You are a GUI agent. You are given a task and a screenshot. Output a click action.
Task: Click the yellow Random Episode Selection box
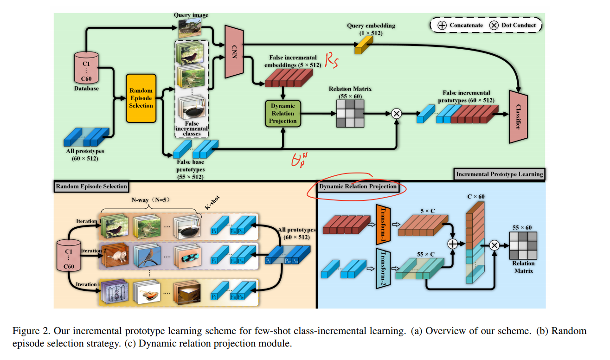pos(141,98)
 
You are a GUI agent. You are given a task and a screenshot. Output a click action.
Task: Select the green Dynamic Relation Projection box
pos(283,114)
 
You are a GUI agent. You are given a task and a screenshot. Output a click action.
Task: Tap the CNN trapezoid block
pos(234,51)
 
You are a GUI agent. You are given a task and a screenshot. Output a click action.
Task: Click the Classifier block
pos(520,116)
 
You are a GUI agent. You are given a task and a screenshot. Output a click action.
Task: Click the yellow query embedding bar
pos(364,44)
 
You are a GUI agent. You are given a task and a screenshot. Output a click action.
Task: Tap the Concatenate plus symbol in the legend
pos(443,25)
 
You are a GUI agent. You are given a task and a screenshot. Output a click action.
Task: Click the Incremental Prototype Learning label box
pos(499,174)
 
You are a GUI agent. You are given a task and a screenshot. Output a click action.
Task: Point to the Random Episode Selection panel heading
pos(91,186)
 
